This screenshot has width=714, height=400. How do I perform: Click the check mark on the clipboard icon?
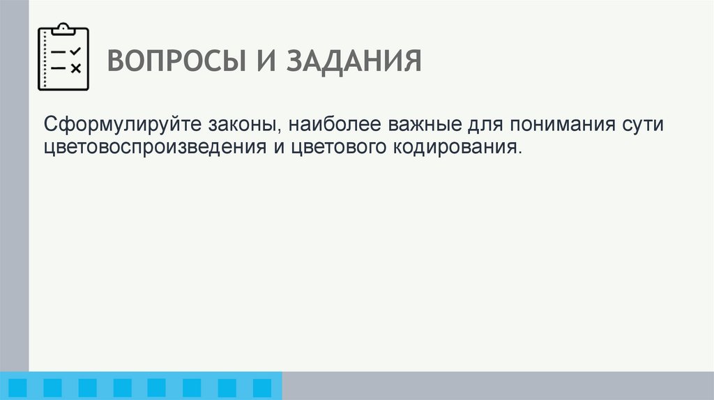tap(76, 52)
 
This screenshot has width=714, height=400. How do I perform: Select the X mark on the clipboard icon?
tap(76, 68)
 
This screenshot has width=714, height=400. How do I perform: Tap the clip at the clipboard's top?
tap(63, 28)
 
